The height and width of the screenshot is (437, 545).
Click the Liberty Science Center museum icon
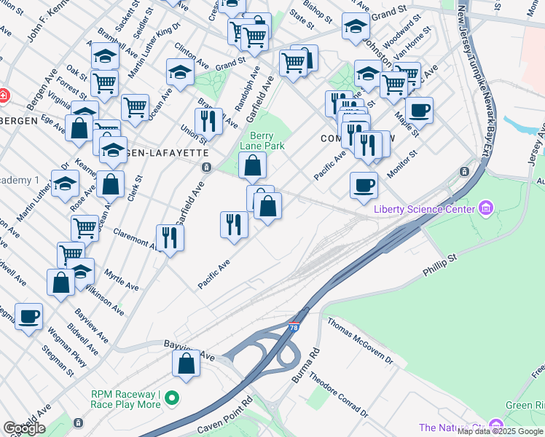(x=486, y=210)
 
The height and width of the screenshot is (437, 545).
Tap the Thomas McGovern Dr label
(x=358, y=342)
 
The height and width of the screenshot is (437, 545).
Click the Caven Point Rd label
(x=227, y=413)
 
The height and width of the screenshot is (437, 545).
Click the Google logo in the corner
(x=24, y=428)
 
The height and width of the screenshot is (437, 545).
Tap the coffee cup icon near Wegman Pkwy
(x=28, y=316)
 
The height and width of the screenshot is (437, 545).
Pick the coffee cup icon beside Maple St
(x=419, y=111)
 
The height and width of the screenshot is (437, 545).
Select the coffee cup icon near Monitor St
(x=364, y=184)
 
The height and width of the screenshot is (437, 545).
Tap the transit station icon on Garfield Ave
(x=207, y=168)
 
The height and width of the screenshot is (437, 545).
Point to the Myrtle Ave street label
(x=121, y=279)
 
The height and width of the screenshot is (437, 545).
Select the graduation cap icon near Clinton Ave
(x=180, y=71)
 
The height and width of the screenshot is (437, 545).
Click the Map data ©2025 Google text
(x=500, y=431)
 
